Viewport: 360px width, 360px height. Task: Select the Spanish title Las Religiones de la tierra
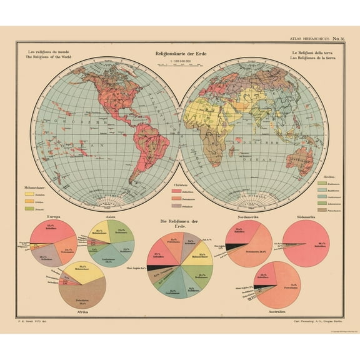(312, 57)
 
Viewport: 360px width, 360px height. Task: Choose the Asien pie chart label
(111, 216)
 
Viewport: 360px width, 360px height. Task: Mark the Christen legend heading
(181, 186)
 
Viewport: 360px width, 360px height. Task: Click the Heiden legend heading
(323, 177)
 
